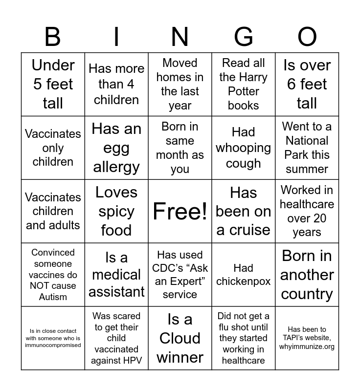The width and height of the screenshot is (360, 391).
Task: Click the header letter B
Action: click(x=52, y=37)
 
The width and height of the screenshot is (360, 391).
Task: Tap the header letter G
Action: click(x=243, y=37)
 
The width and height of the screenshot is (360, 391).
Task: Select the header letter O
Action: click(x=307, y=37)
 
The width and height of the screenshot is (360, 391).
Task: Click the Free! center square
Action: click(x=180, y=211)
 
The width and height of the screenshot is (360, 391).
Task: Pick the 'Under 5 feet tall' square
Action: click(x=53, y=84)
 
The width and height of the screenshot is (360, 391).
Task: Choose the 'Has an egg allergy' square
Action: click(x=116, y=148)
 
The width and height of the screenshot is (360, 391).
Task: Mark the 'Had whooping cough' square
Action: click(x=244, y=148)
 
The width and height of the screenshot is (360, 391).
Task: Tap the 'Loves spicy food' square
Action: click(x=116, y=211)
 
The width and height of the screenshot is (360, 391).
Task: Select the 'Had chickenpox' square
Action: click(x=244, y=275)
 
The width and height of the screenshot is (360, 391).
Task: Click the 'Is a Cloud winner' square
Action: click(x=180, y=338)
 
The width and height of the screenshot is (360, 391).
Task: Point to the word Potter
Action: click(x=244, y=91)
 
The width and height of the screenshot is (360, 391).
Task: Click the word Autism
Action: click(x=53, y=297)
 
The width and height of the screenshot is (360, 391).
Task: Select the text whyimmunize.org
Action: click(x=307, y=347)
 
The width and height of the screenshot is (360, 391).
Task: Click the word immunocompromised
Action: click(x=53, y=345)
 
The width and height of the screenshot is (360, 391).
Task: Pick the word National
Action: click(x=307, y=141)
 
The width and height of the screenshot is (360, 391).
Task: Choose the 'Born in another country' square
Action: click(x=307, y=275)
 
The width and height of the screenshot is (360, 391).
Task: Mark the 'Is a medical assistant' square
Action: click(x=116, y=275)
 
